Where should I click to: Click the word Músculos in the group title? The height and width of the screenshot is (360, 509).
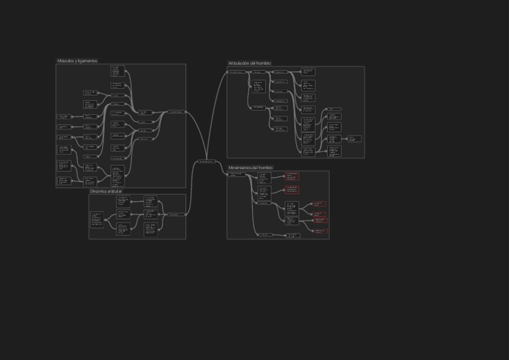(65, 61)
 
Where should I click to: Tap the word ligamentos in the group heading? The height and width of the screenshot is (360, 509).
(87, 61)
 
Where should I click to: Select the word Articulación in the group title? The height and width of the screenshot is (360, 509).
(240, 63)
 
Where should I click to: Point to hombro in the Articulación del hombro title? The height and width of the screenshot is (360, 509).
(264, 63)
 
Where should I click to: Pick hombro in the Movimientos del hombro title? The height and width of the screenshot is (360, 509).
(266, 167)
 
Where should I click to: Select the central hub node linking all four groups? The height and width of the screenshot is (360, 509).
(206, 161)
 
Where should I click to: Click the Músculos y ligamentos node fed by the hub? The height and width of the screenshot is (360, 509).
(176, 112)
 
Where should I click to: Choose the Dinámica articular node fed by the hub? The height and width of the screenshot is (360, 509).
(173, 214)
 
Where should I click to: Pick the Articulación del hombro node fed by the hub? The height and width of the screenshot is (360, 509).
(236, 72)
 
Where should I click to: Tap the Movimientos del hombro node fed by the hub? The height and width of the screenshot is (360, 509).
(236, 175)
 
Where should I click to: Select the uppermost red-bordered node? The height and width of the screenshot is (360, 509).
(292, 177)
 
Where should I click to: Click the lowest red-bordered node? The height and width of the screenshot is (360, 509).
(321, 230)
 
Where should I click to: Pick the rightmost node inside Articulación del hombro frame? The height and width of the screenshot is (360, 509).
(355, 139)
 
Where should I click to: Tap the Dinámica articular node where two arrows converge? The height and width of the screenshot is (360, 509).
(97, 220)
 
